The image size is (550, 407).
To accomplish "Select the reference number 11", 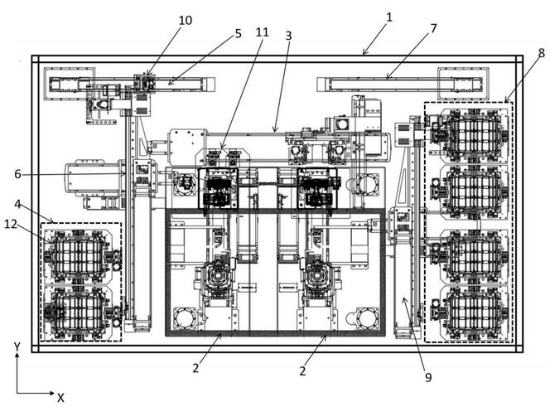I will (x=262, y=32).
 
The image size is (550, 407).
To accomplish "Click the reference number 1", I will (x=389, y=16).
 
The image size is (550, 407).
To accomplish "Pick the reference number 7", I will (x=433, y=28).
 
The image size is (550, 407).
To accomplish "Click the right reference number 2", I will (x=302, y=371).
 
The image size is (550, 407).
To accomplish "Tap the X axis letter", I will (x=60, y=397).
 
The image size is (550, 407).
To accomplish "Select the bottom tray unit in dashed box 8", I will (x=469, y=311).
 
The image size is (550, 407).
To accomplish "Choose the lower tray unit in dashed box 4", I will (x=80, y=311).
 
